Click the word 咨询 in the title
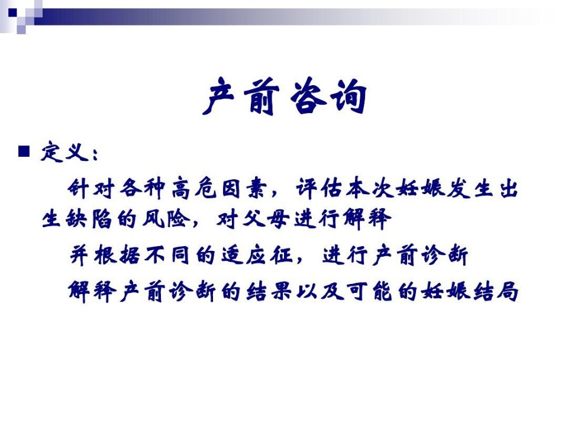point(329,96)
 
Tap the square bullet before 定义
point(24,151)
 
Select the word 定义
point(65,152)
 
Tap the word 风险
point(166,219)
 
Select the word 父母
point(266,219)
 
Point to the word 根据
point(117,255)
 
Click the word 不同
point(167,255)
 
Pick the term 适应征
point(257,255)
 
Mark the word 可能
point(370,291)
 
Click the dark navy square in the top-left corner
point(12,12)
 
